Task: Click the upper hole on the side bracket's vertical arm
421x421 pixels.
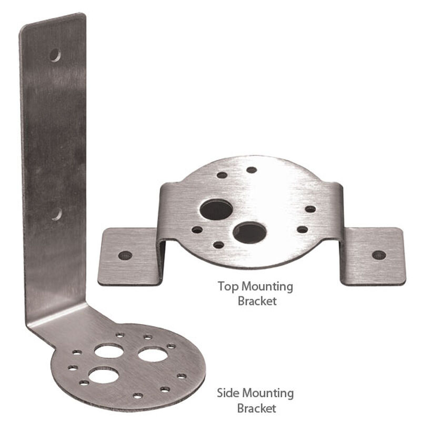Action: [x=55, y=55]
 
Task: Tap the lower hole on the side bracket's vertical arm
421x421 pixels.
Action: [x=56, y=214]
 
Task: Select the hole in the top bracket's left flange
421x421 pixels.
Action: [x=125, y=255]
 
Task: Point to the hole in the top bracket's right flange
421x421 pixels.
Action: [x=378, y=255]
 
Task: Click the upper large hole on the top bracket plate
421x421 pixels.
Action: [x=216, y=209]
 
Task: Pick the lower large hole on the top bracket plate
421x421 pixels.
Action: [x=249, y=232]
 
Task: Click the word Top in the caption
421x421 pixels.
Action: [x=229, y=287]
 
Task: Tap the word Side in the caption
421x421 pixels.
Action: [x=229, y=393]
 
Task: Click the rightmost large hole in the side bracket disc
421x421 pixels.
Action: [x=153, y=354]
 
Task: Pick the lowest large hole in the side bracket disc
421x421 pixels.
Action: [x=103, y=375]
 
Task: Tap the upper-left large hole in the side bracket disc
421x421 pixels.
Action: [x=109, y=350]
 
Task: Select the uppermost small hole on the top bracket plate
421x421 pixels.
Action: [x=252, y=170]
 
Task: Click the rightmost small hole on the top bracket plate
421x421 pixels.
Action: [x=310, y=209]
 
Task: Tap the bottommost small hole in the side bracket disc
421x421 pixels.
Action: [x=137, y=395]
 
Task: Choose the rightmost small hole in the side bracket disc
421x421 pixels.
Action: [x=182, y=376]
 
